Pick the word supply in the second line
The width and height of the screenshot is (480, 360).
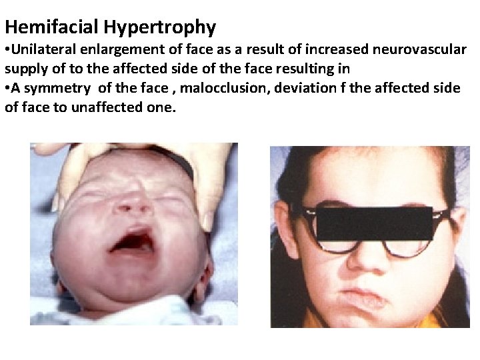24,69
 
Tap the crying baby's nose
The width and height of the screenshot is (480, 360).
131,203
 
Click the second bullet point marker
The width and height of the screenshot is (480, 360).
8,89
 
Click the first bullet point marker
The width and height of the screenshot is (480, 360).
8,50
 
